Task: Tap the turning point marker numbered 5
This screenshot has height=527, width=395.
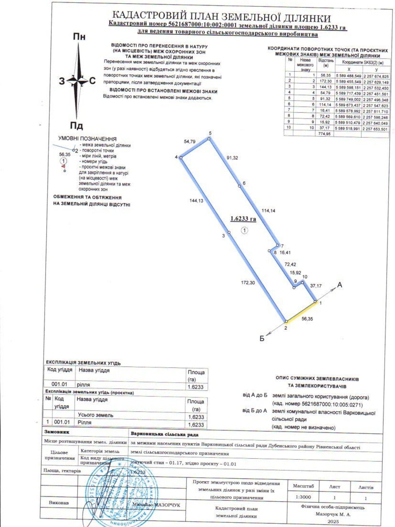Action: click(209, 139)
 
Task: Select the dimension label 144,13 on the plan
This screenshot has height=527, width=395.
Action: click(197, 201)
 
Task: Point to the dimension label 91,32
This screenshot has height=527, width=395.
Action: click(232, 158)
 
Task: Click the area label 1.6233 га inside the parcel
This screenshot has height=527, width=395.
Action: click(243, 218)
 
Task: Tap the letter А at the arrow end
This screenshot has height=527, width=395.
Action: click(340, 285)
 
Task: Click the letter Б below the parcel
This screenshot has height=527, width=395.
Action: click(262, 338)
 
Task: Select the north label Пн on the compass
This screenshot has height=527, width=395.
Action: click(79, 37)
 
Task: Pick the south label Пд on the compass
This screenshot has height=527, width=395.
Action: click(76, 125)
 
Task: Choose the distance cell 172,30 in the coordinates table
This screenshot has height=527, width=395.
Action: click(325, 81)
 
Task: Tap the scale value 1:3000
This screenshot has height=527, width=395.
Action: click(303, 497)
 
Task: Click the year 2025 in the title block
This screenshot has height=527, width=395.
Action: click(333, 521)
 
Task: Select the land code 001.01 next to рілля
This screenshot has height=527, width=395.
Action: click(59, 384)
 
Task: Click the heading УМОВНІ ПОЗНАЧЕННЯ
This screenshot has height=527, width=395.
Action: click(87, 139)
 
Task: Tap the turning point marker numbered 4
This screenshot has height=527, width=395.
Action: click(181, 157)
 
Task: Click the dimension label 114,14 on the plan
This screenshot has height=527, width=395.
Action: click(268, 210)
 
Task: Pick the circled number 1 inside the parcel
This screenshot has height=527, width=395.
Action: click(244, 230)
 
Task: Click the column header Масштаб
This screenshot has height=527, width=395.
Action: click(303, 486)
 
